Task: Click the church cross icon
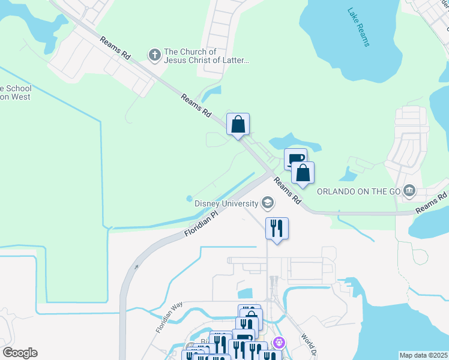point(154,56)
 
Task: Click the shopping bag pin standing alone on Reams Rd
point(238,125)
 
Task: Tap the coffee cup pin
point(294,160)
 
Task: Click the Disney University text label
point(226,203)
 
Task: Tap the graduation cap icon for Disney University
point(268,204)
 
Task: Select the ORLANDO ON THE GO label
point(358,192)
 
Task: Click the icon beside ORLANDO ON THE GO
point(409,191)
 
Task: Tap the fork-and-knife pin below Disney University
point(277,229)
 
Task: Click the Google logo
point(20,352)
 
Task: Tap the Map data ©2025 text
point(423,355)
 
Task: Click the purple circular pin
point(279,343)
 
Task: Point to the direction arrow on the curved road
point(136,267)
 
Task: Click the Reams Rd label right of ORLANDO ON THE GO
point(432,202)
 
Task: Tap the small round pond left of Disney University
point(190,198)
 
